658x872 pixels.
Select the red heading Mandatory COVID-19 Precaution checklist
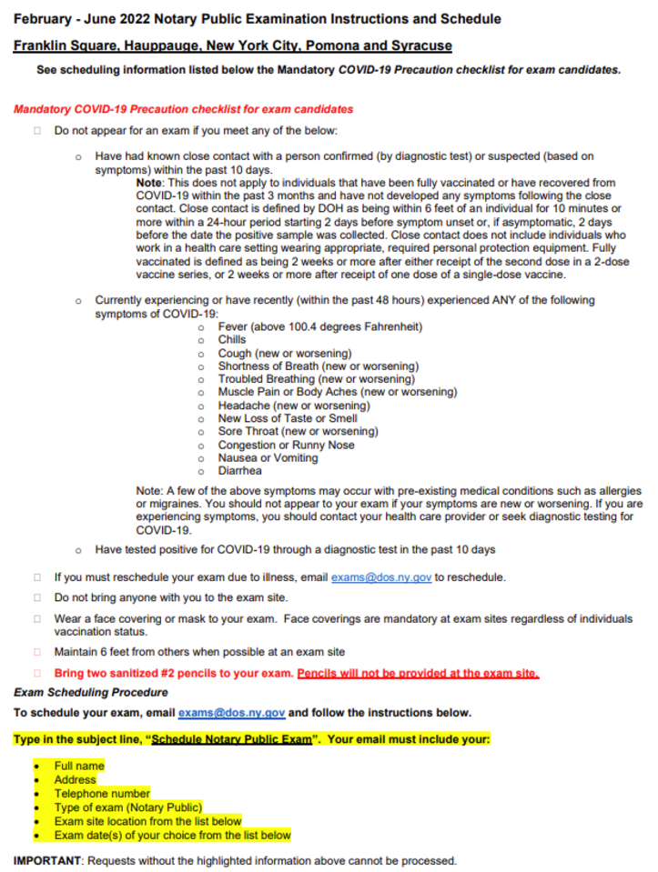[x=183, y=109]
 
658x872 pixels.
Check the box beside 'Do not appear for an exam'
[x=37, y=131]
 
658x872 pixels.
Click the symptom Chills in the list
[x=232, y=340]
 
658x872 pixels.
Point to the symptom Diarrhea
[x=239, y=471]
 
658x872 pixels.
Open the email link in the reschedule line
[x=380, y=577]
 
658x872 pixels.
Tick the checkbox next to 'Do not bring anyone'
[x=37, y=597]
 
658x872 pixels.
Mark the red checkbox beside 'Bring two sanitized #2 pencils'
[x=37, y=674]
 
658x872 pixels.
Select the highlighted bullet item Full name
[x=79, y=766]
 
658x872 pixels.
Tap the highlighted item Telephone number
[x=102, y=793]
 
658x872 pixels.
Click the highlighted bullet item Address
[x=75, y=779]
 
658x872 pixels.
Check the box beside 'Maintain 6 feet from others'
[x=37, y=652]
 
